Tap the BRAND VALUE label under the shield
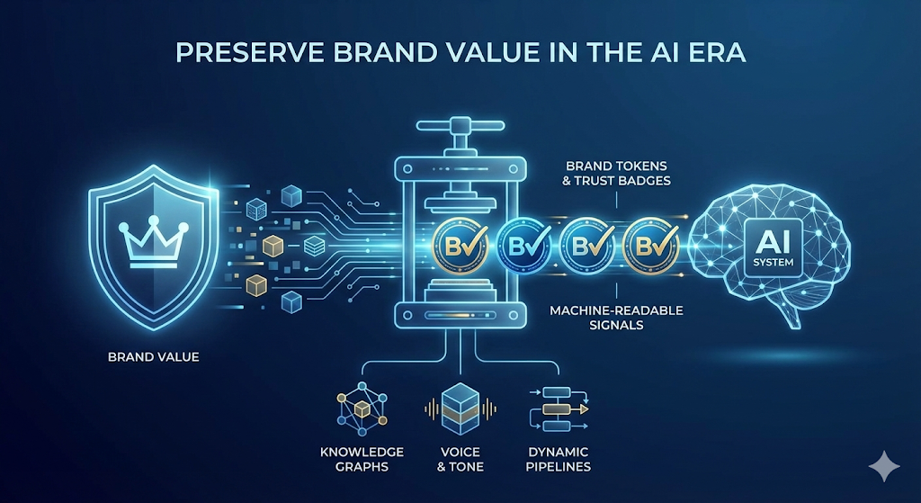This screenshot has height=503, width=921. (x=154, y=357)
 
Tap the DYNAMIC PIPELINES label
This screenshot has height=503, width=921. (x=558, y=459)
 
